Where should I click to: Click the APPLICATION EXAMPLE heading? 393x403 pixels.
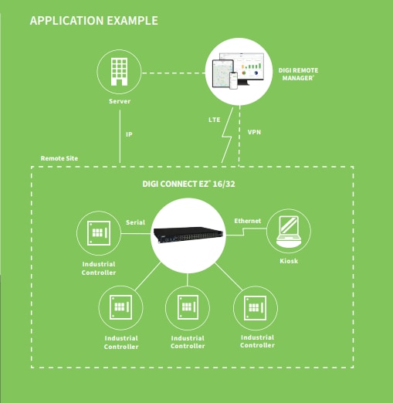94,21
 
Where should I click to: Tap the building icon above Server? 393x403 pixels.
119,72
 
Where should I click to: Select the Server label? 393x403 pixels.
120,101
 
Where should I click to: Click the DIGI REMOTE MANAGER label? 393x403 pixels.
298,74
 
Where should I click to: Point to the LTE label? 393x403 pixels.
215,120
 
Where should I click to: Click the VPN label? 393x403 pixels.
254,132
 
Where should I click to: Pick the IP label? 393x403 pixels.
129,134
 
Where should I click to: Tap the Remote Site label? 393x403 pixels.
59,158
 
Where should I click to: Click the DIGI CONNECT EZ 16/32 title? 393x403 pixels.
188,184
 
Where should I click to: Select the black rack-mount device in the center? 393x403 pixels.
188,235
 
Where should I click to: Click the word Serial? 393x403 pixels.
135,222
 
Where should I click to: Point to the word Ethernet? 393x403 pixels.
248,221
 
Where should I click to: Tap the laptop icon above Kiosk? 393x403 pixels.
289,231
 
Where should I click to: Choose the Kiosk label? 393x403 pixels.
289,261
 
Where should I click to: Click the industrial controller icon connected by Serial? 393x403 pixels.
99,233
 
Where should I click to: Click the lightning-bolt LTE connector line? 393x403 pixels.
227,135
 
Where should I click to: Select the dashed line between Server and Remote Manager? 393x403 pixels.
174,73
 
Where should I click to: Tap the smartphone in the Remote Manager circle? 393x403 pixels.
233,80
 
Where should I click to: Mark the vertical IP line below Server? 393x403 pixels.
120,137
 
